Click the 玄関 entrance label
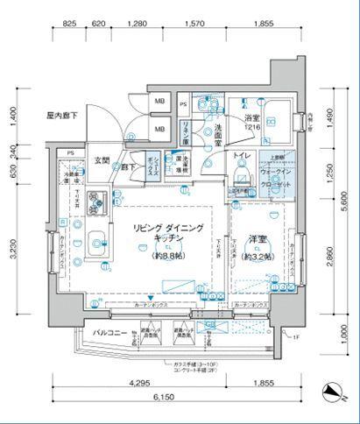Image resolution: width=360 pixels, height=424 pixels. coord(102,160)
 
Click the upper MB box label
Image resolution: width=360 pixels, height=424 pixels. coord(159,102)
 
